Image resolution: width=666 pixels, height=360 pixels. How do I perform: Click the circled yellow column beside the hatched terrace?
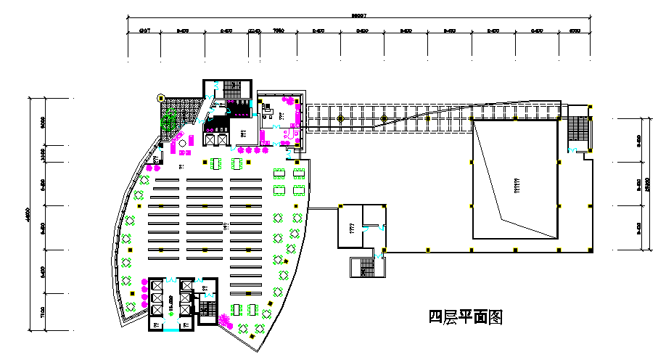[x=161, y=97]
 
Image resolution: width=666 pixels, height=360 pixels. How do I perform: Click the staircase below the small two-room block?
[x=364, y=267]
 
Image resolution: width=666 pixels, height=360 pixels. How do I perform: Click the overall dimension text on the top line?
[x=359, y=15]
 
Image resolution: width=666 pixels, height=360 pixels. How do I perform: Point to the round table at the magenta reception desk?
[x=182, y=144]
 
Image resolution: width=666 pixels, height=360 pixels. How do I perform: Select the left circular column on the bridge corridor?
[x=340, y=118]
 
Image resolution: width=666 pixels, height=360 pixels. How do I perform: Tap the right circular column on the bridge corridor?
[x=384, y=118]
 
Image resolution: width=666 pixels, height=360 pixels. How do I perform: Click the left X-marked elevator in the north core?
[x=210, y=139]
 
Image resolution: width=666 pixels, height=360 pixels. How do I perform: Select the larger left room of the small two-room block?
[x=350, y=226]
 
